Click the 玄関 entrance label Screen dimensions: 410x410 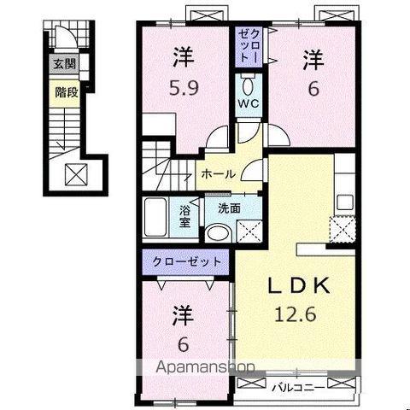(x=66, y=64)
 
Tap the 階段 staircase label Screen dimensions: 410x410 (x=66, y=91)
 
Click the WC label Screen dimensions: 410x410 (x=248, y=105)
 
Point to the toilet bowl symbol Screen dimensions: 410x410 (x=248, y=85)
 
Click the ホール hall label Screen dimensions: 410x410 (x=217, y=173)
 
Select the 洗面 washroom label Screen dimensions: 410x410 (x=228, y=207)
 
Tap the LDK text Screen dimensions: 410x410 (x=297, y=285)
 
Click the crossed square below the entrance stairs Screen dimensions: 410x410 (x=74, y=174)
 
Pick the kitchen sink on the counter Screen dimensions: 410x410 (x=345, y=202)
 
